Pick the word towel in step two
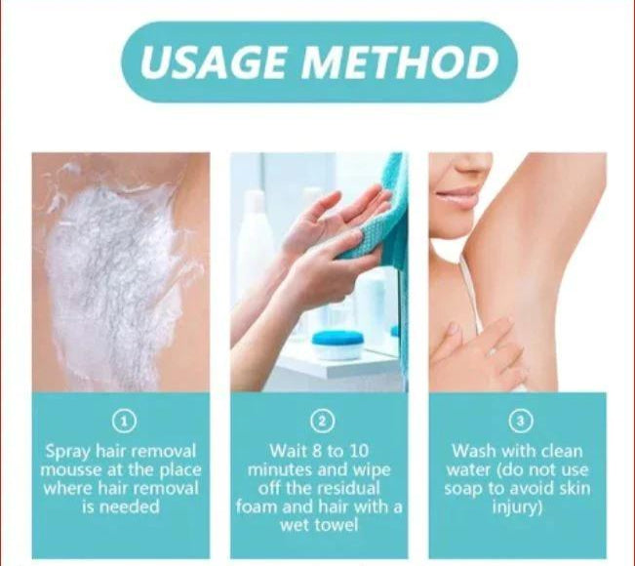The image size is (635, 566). point(346,526)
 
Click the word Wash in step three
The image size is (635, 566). point(472,451)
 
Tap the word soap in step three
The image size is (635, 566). point(464,488)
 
